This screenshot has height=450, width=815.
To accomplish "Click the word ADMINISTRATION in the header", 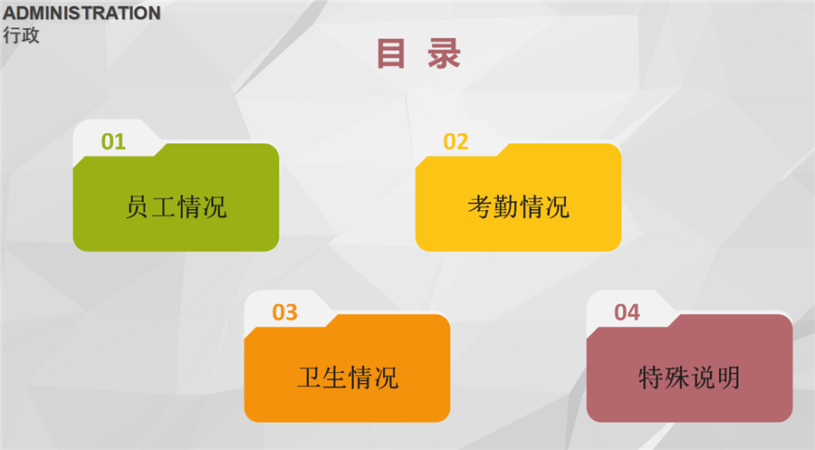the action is [81, 13].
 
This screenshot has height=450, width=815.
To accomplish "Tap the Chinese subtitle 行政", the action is [22, 35].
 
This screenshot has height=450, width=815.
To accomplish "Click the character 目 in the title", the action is [390, 53].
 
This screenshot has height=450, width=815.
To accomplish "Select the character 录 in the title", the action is [444, 53].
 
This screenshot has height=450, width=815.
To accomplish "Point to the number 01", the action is [113, 141].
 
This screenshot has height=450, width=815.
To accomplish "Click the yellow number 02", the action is [455, 141].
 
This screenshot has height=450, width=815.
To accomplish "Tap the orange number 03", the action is [285, 312].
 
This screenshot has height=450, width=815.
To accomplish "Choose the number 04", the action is [627, 312].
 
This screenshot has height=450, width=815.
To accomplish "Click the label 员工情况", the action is [177, 206].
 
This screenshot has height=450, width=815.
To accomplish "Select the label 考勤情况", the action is [519, 206].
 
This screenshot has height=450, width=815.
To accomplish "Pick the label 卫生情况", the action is [348, 378].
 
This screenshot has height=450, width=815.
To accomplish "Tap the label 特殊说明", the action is [689, 378].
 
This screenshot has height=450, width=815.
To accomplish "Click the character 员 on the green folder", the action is [138, 206].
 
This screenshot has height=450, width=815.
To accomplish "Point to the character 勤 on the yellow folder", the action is [505, 206].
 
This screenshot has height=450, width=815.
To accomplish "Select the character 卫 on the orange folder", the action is [310, 378].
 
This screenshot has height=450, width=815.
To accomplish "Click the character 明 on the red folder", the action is [728, 378].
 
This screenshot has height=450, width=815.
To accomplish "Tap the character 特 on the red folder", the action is [651, 378].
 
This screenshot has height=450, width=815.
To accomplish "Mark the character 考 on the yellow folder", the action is [480, 206].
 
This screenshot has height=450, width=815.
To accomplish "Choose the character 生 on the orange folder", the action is [335, 378].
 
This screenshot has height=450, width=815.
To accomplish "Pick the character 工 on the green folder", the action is [163, 206].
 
